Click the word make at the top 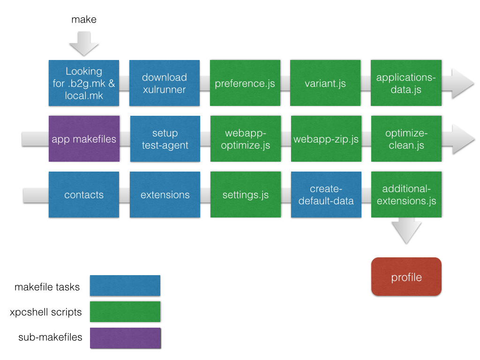pyautogui.click(x=84, y=19)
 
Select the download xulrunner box pyautogui.click(x=164, y=83)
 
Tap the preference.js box pyautogui.click(x=245, y=83)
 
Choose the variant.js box pyautogui.click(x=325, y=83)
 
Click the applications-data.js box pyautogui.click(x=406, y=83)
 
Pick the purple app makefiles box pyautogui.click(x=84, y=139)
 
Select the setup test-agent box pyautogui.click(x=165, y=139)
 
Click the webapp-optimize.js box pyautogui.click(x=245, y=139)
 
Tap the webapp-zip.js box pyautogui.click(x=326, y=139)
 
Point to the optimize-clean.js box pyautogui.click(x=406, y=139)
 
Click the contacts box pyautogui.click(x=84, y=195)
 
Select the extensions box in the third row pyautogui.click(x=165, y=195)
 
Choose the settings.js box pyautogui.click(x=245, y=195)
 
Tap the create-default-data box pyautogui.click(x=326, y=195)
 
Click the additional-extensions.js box pyautogui.click(x=406, y=195)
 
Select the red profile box pyautogui.click(x=406, y=277)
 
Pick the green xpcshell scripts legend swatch pyautogui.click(x=125, y=312)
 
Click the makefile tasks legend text pyautogui.click(x=47, y=286)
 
